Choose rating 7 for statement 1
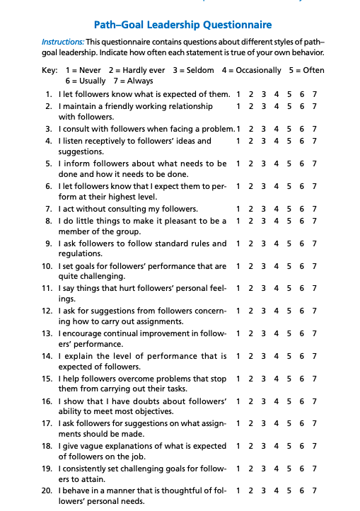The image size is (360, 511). tap(314, 94)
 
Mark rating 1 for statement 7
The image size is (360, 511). tap(238, 209)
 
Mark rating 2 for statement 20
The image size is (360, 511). tap(251, 490)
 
